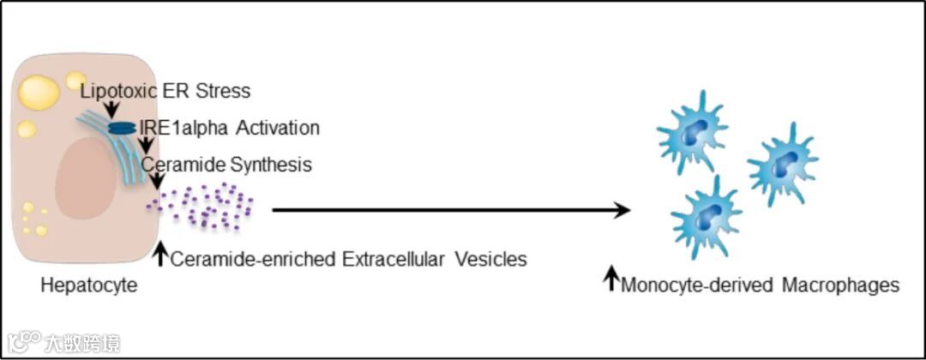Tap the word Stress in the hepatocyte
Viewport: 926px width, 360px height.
[226, 90]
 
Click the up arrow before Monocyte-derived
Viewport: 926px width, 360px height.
[611, 279]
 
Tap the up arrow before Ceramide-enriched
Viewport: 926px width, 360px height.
[159, 254]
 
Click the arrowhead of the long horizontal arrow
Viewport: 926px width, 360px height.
[622, 209]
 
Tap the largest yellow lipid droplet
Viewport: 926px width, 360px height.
[39, 93]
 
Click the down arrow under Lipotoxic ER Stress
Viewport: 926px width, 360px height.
[112, 108]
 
